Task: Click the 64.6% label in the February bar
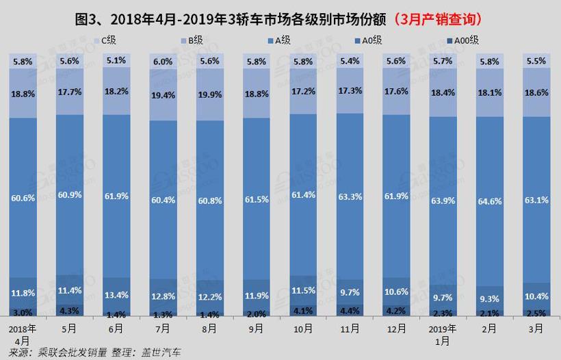pyautogui.click(x=489, y=198)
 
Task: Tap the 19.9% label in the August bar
pyautogui.click(x=209, y=94)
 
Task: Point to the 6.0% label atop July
pyautogui.click(x=163, y=61)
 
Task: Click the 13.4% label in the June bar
pyautogui.click(x=116, y=295)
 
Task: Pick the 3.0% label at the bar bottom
pyautogui.click(x=23, y=312)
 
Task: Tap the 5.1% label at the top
pyautogui.click(x=116, y=60)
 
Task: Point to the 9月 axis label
pyautogui.click(x=256, y=328)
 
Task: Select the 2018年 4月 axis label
pyautogui.click(x=23, y=333)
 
